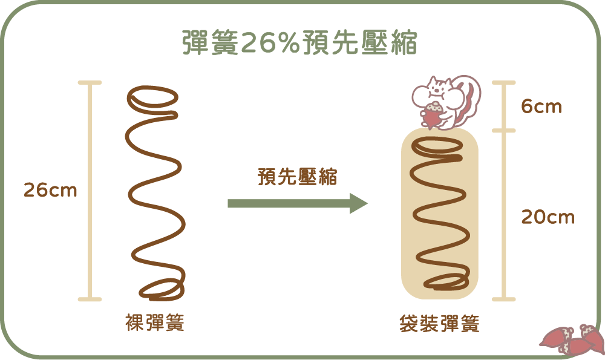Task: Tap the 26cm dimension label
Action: tap(50, 191)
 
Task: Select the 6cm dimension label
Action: tap(541, 107)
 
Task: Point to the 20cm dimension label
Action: tap(548, 217)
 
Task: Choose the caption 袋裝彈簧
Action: tap(439, 324)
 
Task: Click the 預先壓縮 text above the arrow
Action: tap(297, 177)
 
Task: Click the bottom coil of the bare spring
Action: tap(162, 290)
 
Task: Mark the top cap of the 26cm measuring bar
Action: tap(90, 82)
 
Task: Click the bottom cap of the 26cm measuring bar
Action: tap(90, 299)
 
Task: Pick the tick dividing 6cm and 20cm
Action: tap(503, 131)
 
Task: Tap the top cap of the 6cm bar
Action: tap(503, 82)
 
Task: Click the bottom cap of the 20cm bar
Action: tap(503, 299)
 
